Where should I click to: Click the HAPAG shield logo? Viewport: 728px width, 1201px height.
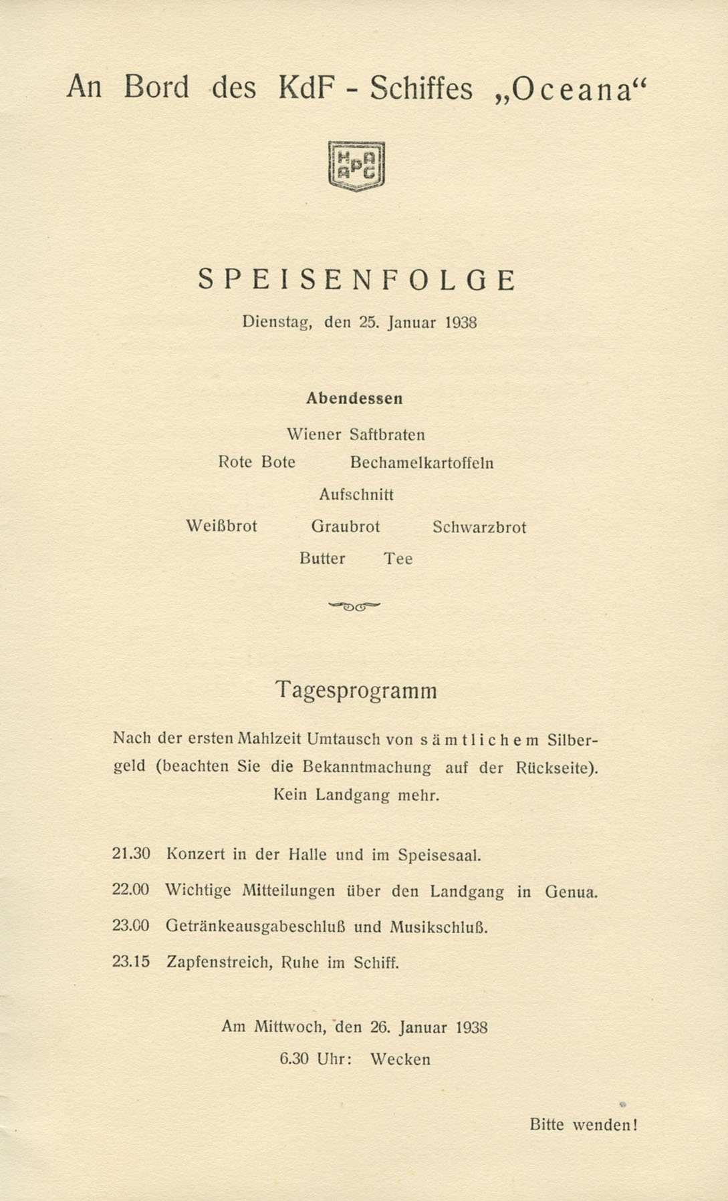tap(357, 166)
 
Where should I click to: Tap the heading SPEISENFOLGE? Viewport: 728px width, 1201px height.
tap(357, 280)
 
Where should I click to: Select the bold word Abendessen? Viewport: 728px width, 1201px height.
tap(354, 399)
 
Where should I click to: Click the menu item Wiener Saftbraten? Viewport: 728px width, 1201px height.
tap(356, 435)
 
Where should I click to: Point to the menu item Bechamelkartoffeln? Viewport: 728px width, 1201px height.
tap(422, 463)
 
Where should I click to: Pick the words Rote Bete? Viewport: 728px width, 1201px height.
tap(257, 462)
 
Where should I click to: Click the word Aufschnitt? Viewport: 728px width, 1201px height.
tap(356, 495)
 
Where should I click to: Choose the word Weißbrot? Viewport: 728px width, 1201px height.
tap(221, 526)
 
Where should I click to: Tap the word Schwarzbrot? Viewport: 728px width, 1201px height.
tap(479, 527)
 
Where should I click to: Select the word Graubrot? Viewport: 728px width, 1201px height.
tap(345, 527)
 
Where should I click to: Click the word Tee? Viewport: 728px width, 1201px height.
tap(398, 559)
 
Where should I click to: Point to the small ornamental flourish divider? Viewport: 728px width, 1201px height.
tap(354, 607)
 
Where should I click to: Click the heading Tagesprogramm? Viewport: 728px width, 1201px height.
tap(356, 690)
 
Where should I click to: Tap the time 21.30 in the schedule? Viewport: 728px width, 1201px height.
tap(131, 854)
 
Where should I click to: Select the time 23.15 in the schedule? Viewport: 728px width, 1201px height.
tap(131, 962)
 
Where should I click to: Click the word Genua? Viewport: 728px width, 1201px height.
tap(571, 892)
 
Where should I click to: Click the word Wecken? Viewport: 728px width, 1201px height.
tap(400, 1059)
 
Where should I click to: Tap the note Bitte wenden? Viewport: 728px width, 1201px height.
tap(583, 1125)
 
